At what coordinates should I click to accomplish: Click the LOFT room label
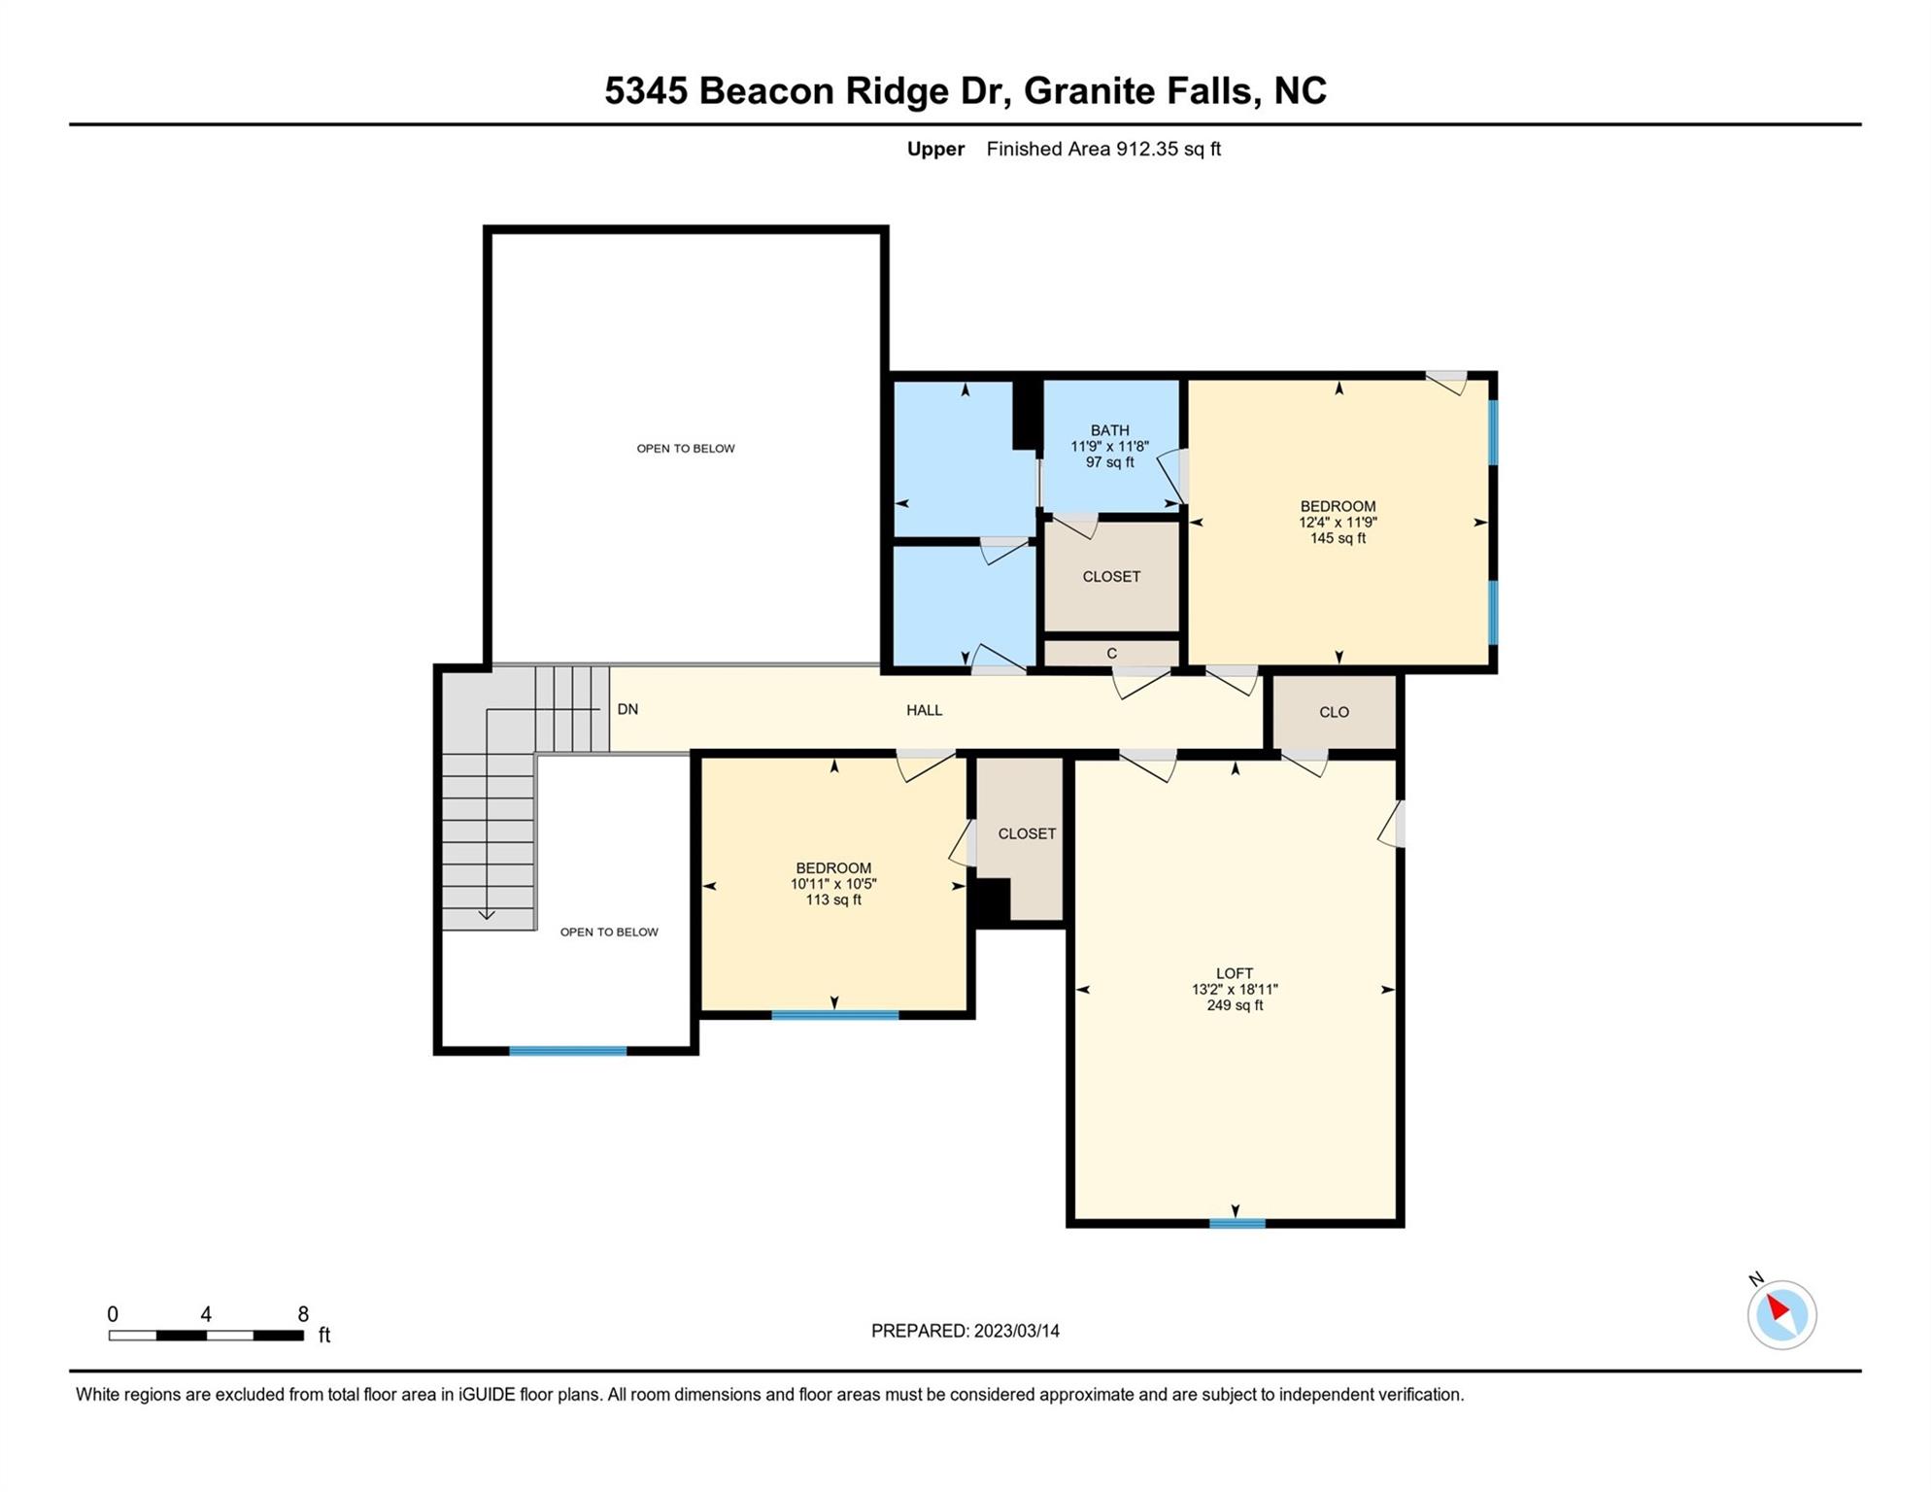coord(1235,972)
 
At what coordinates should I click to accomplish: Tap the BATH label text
coord(1109,430)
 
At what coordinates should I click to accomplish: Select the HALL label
coord(924,710)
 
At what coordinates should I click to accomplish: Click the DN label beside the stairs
coord(627,709)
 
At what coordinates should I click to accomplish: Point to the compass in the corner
coord(1780,1313)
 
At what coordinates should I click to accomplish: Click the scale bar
coord(206,1336)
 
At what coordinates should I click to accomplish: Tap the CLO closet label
coord(1334,712)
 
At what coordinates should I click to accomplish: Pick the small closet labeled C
coord(1111,653)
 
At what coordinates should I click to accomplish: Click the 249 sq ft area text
coord(1235,1005)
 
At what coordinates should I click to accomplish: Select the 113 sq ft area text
coord(833,899)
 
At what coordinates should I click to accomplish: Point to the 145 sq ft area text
coord(1338,538)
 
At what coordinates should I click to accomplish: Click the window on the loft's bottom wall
coord(1237,1223)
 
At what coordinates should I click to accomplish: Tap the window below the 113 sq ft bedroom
coord(834,1015)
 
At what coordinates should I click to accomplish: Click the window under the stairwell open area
coord(568,1051)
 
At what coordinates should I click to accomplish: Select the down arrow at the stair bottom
coord(487,914)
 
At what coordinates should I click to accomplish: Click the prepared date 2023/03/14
coord(1016,1331)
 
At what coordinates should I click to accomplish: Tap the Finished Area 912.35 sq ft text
coord(1103,149)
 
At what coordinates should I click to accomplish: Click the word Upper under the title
coord(935,150)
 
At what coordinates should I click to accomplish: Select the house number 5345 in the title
coord(646,90)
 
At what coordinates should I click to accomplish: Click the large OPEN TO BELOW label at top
coord(686,448)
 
